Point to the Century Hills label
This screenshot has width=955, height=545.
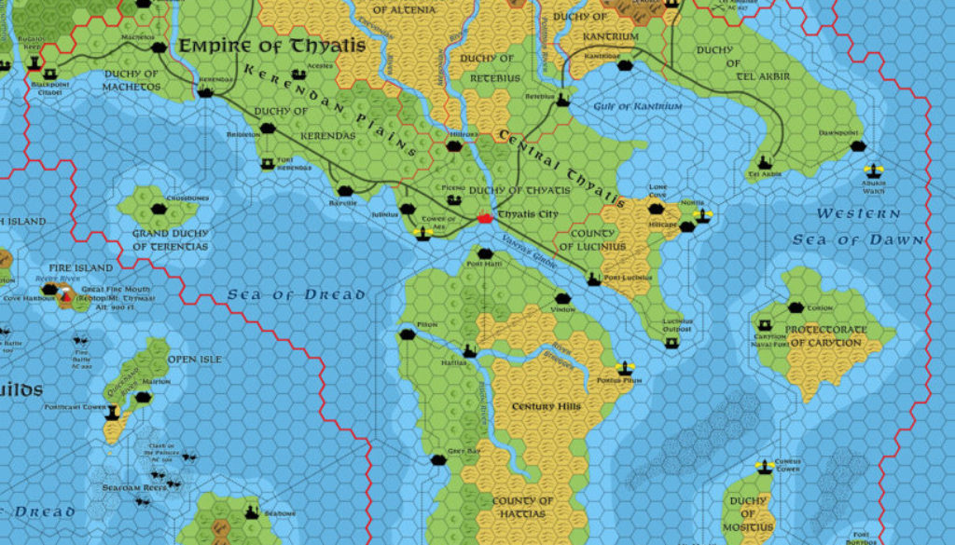[x=547, y=406]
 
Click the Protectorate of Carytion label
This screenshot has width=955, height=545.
[x=812, y=334]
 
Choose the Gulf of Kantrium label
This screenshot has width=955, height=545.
[x=638, y=106]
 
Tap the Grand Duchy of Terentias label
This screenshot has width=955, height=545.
[x=170, y=239]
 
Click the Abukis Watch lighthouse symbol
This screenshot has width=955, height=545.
[x=874, y=171]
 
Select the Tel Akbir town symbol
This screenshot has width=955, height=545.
[x=766, y=161]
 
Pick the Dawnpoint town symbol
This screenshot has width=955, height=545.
[x=858, y=146]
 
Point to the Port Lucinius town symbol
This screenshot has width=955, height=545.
[x=593, y=279]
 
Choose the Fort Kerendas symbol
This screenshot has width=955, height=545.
[x=268, y=164]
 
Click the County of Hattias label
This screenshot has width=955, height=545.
[x=522, y=506]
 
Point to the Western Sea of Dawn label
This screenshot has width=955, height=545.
[x=859, y=226]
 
